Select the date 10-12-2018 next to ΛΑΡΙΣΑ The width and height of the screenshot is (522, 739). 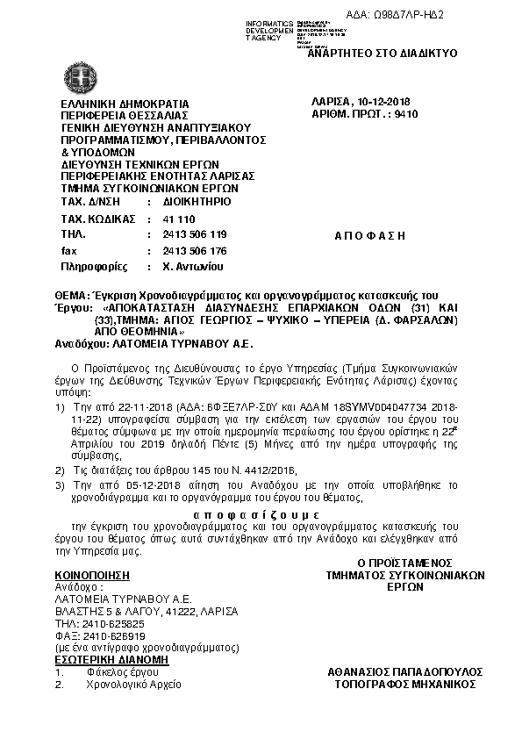(x=388, y=102)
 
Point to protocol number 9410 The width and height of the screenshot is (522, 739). (x=406, y=114)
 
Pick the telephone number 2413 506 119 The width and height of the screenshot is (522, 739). (x=195, y=234)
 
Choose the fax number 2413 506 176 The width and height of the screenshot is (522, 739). (x=195, y=250)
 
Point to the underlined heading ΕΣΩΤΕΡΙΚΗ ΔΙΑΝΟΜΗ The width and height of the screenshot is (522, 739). (x=104, y=659)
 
